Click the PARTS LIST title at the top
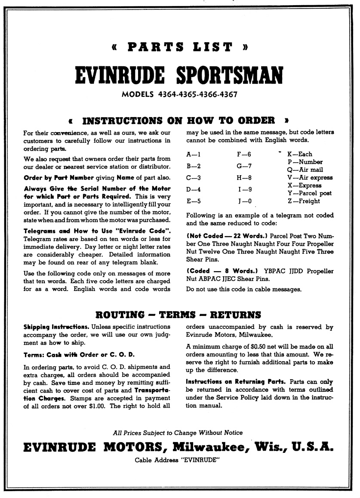[180, 47]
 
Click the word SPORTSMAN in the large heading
[229, 76]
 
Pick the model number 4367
[227, 94]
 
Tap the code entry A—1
[193, 154]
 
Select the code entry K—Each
[300, 154]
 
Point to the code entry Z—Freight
[304, 201]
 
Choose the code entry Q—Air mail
[305, 170]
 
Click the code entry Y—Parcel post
[309, 193]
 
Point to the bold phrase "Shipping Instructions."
[56, 327]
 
